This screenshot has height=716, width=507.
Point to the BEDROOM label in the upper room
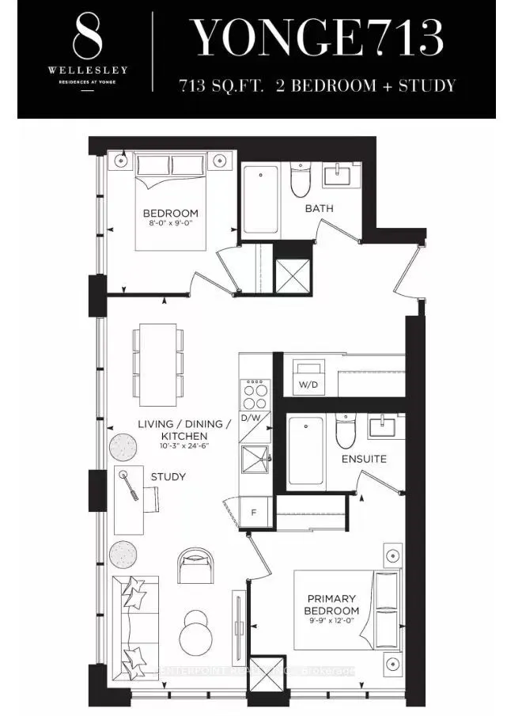170,214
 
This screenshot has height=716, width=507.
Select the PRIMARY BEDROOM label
332,604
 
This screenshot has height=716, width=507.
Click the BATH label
320,209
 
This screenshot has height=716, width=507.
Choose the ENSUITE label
364,459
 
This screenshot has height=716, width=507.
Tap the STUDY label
168,477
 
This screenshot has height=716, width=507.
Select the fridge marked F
255,512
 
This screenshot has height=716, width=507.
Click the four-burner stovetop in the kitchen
255,393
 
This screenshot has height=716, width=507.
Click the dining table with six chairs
158,362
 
